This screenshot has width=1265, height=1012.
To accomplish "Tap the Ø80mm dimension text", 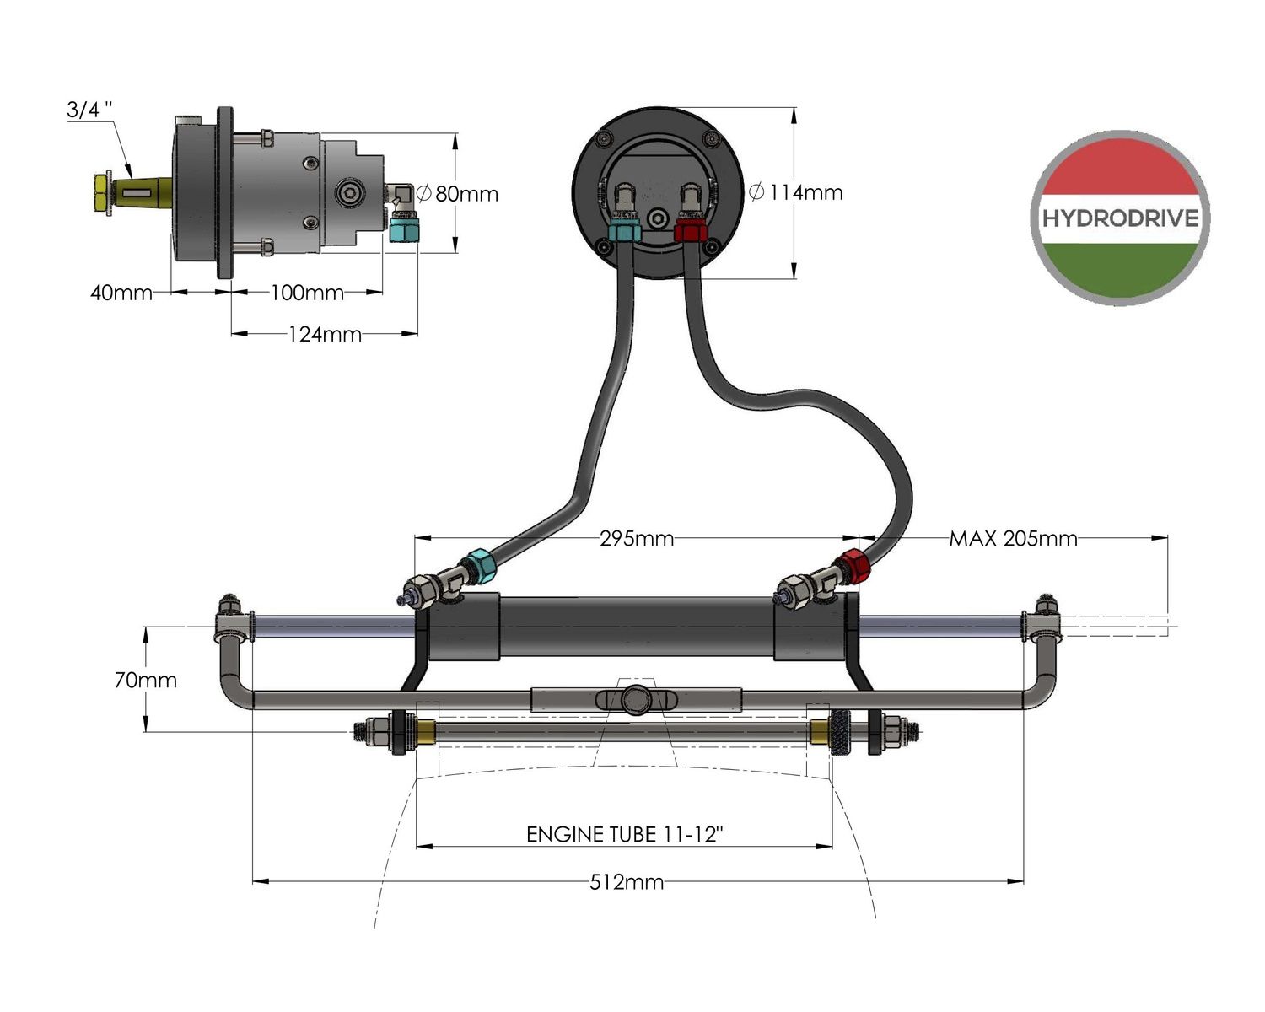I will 459,194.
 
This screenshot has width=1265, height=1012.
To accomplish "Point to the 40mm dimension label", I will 121,293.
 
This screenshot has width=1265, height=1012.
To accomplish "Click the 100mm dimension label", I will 307,293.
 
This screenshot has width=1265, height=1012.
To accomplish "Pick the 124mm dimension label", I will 325,335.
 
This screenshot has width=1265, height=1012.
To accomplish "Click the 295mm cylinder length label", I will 637,538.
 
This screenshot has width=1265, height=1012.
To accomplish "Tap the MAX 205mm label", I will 1013,538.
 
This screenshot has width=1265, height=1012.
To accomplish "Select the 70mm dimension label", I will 146,680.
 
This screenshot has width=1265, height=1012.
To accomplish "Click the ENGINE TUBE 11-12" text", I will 625,835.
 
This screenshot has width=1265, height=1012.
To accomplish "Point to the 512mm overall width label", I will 626,883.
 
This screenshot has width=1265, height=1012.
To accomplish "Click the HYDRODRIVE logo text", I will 1120,218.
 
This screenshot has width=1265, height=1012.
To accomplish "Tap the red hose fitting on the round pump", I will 690,231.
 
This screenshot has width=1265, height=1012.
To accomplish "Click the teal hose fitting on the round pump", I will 624,231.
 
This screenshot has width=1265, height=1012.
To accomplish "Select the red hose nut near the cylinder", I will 851,566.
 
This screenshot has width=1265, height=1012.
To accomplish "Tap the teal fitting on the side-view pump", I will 405,228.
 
